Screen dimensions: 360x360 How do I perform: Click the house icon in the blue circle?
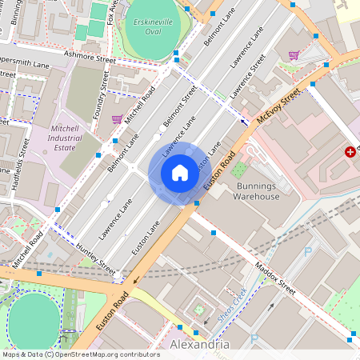tap(179, 173)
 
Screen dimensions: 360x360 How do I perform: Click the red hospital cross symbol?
tap(350, 151)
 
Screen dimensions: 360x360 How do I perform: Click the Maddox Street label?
tap(275, 276)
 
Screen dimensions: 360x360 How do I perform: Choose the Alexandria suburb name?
tap(200, 344)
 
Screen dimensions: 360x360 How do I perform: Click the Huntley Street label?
tap(94, 254)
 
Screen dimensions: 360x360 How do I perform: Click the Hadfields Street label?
tap(20, 166)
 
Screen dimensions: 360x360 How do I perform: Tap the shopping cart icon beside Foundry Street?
tap(118, 118)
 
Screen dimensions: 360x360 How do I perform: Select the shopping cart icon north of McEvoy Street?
tap(294, 55)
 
